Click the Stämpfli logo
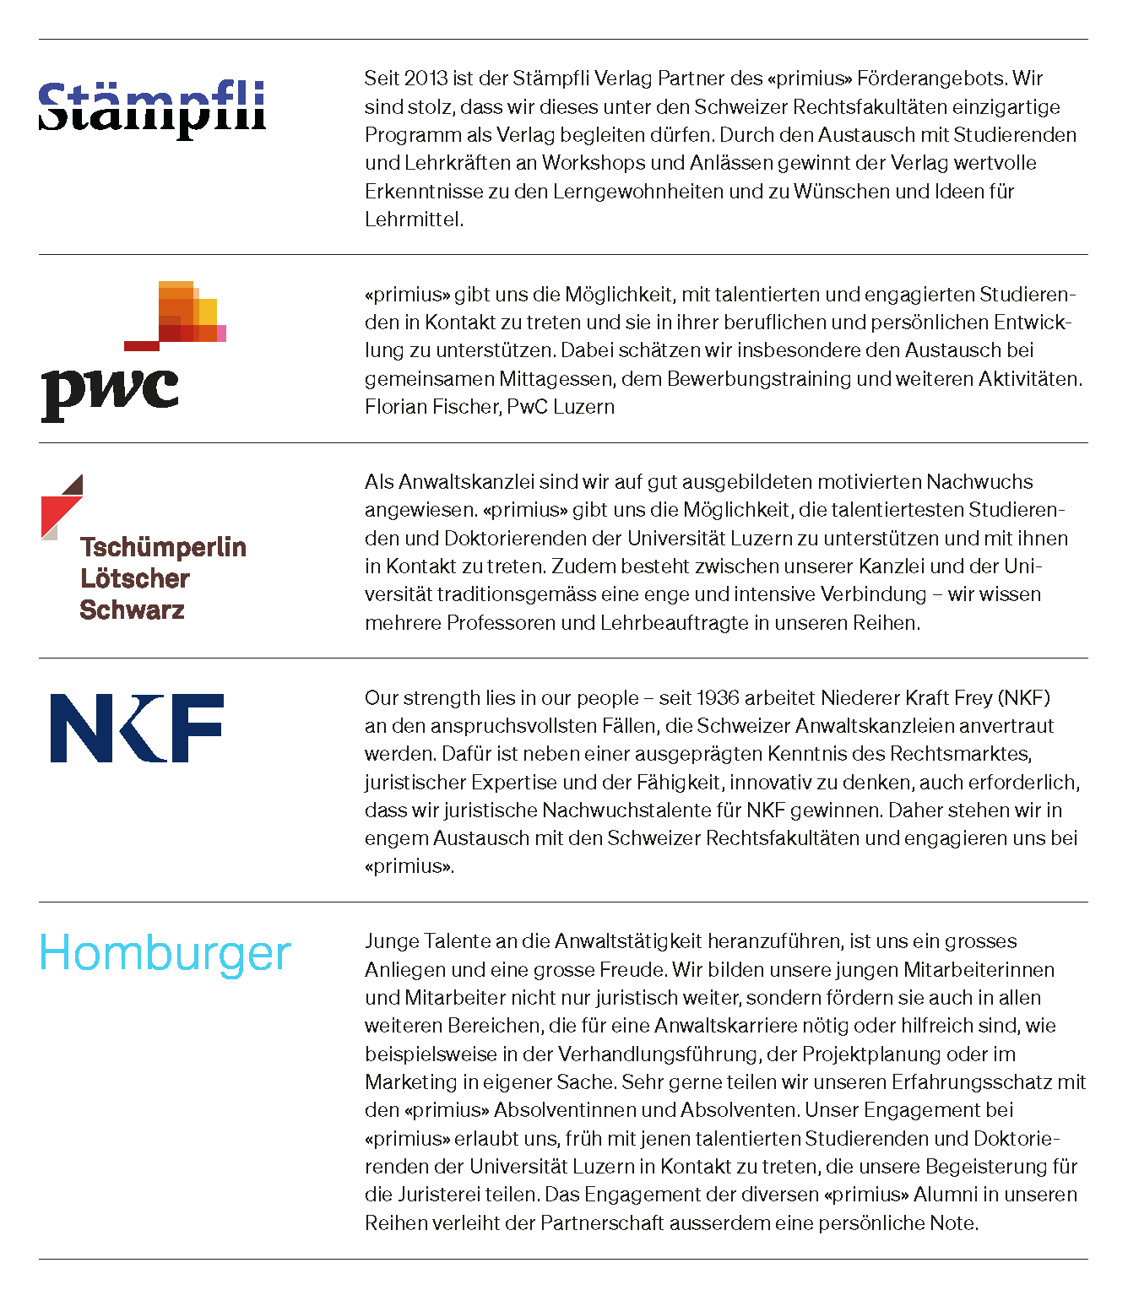[x=152, y=109]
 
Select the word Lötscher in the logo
[x=135, y=578]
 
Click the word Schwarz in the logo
[x=132, y=610]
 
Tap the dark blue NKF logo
[x=137, y=728]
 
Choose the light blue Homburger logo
[x=165, y=954]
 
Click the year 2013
[x=426, y=79]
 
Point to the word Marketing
[x=411, y=1082]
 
